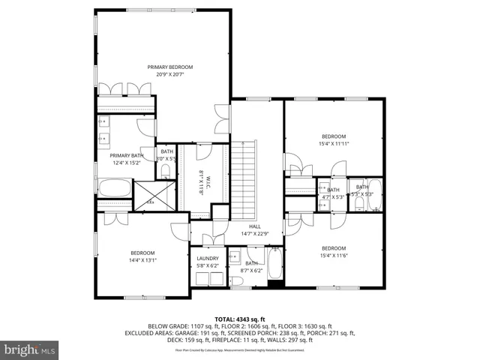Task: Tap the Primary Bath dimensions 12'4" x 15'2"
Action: click(126, 163)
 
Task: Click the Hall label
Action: click(254, 226)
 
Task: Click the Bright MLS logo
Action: click(30, 349)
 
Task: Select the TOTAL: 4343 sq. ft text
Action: click(240, 319)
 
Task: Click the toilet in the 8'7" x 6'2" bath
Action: click(236, 281)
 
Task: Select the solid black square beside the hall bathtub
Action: click(274, 283)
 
